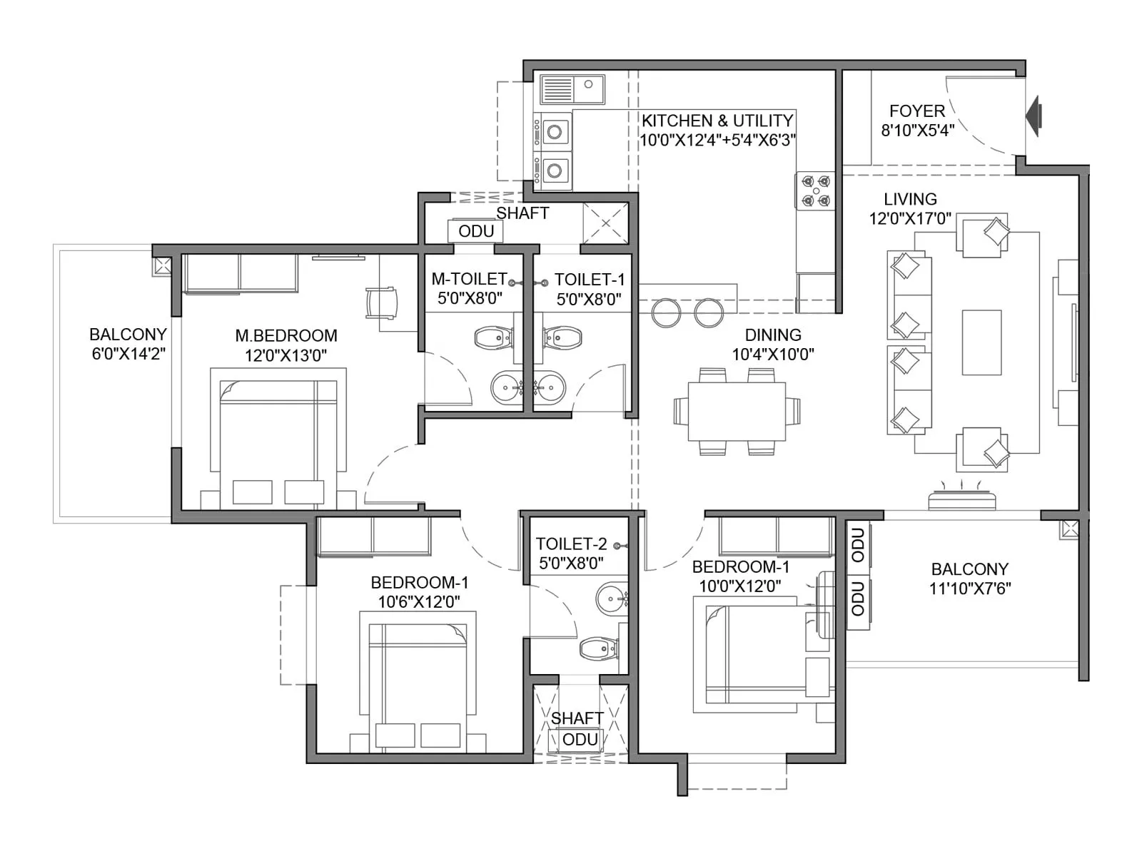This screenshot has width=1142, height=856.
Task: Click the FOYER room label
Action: tap(916, 111)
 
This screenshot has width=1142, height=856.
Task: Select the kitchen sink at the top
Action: tap(572, 90)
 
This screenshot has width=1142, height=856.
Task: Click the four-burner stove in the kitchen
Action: tap(815, 191)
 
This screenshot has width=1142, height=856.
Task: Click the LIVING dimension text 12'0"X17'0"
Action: tap(910, 218)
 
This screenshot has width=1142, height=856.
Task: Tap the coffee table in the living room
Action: tap(981, 342)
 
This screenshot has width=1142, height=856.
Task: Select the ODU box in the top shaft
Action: tap(475, 231)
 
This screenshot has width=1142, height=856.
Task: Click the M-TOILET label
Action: tap(469, 279)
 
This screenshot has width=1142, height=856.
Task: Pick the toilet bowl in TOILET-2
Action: tap(597, 649)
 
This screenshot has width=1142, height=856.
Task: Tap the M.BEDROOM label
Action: tap(286, 335)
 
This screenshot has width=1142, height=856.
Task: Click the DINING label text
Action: tap(772, 335)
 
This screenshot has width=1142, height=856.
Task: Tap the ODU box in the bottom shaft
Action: tap(580, 740)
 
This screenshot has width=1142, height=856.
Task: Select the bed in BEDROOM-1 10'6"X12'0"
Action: tap(418, 685)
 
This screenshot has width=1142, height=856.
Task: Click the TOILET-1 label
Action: tap(590, 280)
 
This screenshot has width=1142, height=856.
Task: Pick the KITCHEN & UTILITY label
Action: tap(717, 121)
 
